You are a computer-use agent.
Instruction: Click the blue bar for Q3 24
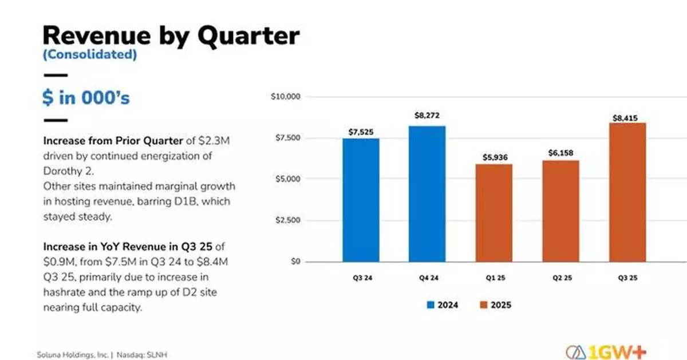click(x=361, y=200)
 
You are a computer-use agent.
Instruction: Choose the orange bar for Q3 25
click(x=627, y=192)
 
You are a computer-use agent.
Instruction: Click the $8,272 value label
click(x=427, y=116)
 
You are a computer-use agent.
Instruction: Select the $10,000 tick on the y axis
click(x=285, y=97)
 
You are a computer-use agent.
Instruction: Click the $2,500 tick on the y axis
click(x=287, y=220)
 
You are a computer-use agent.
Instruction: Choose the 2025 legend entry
click(x=495, y=305)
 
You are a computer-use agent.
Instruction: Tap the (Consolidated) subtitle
click(x=89, y=55)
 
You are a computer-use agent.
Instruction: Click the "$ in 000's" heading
click(x=86, y=97)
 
